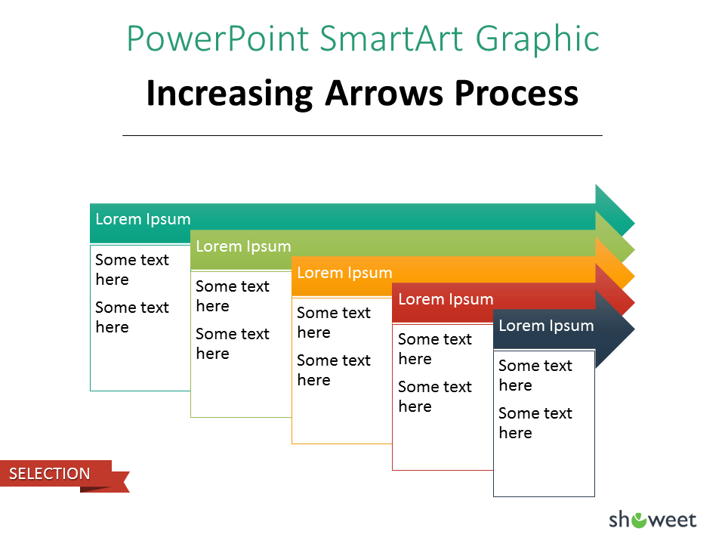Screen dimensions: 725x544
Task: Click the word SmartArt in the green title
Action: point(391,38)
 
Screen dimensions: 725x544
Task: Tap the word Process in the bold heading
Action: point(517,93)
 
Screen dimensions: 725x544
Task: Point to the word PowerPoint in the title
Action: point(217,38)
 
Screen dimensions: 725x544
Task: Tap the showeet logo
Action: point(652,520)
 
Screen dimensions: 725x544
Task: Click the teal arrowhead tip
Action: point(634,224)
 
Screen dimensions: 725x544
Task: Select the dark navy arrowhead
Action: point(615,329)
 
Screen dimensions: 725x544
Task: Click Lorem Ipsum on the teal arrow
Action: point(143,219)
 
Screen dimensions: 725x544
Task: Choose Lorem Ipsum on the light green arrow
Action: point(243,246)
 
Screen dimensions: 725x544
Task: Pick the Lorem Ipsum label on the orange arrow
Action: point(344,273)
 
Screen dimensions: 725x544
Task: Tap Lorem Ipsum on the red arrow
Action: point(446,299)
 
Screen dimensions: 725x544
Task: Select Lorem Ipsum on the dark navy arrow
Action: point(546,326)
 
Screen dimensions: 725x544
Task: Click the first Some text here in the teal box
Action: point(131,270)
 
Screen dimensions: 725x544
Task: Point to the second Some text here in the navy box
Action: point(535,423)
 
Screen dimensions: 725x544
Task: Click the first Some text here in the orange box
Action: point(333,323)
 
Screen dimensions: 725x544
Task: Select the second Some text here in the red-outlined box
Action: point(435,397)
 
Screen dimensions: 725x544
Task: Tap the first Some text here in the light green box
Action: point(232,296)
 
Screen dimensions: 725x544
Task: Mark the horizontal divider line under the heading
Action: point(362,135)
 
